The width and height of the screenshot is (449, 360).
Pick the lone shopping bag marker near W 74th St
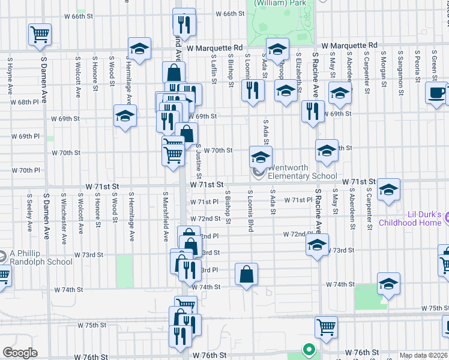coord(246,274)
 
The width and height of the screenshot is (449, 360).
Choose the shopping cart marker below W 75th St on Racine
coord(326,327)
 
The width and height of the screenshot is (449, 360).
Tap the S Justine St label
coord(198,160)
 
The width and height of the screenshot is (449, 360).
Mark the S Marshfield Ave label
coord(166,216)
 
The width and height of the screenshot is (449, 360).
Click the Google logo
coord(20,353)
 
